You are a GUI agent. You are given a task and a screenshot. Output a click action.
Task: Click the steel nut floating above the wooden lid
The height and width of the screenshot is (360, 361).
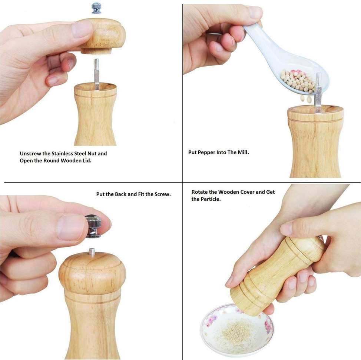point(96,8)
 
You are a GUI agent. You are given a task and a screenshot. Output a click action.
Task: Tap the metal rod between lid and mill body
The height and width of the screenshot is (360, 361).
point(97,73)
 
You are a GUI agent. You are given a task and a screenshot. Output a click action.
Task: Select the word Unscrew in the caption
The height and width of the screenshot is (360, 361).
point(30,153)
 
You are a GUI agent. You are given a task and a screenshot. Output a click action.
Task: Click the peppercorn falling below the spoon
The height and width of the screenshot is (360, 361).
point(309,99)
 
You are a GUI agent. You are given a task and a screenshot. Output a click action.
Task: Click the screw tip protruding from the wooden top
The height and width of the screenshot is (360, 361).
point(92,252)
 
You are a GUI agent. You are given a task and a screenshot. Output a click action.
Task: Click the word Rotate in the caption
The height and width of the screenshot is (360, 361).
point(200,192)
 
